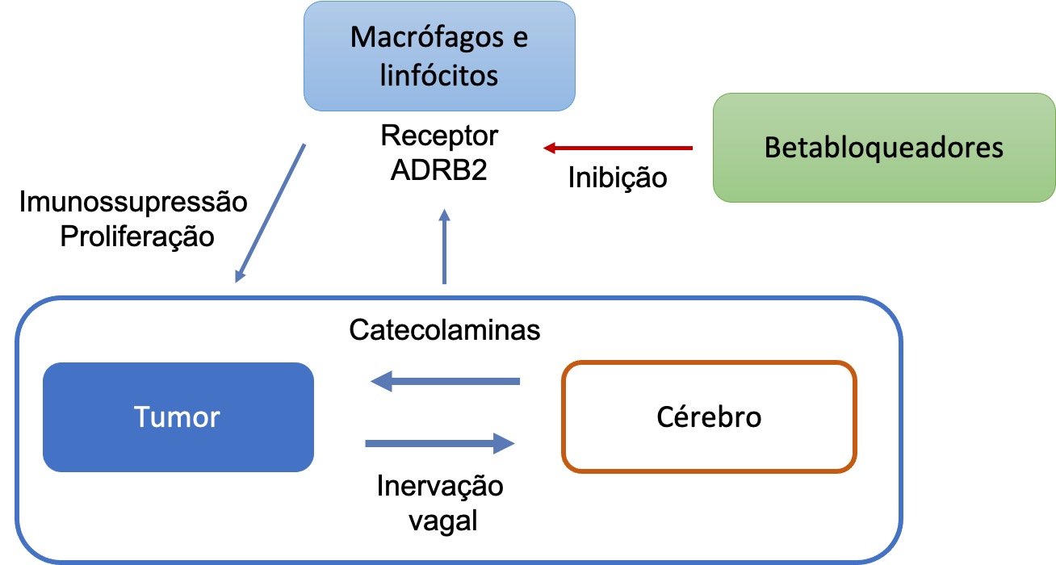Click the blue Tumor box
[178, 417]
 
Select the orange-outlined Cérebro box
[709, 417]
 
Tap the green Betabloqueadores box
[883, 148]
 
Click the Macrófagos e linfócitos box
[439, 56]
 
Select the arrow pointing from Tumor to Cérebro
[440, 442]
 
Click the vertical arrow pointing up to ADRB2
[443, 246]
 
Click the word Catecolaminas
[445, 331]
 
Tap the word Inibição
[618, 178]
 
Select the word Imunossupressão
[133, 202]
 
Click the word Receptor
[439, 136]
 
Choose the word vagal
[442, 521]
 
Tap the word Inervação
[440, 487]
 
